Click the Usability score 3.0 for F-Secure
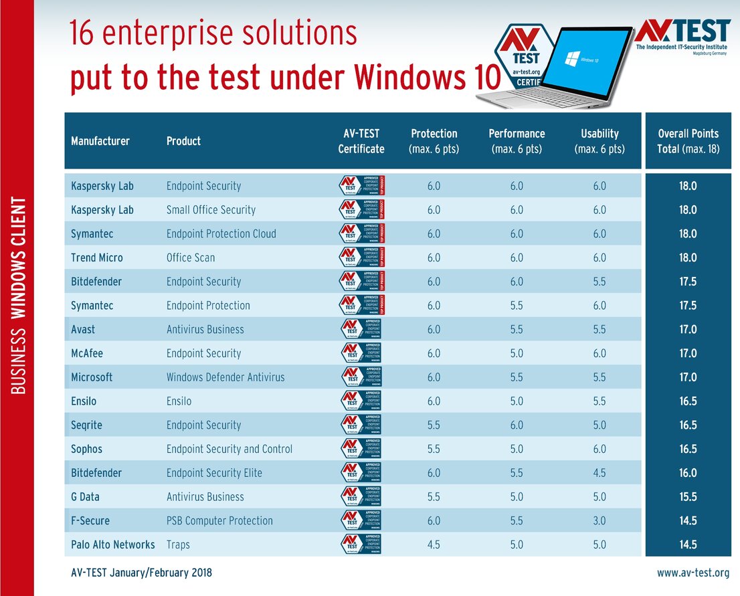(x=599, y=521)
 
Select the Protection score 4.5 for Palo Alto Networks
(x=434, y=545)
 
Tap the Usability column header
(x=599, y=141)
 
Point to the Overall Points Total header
(x=688, y=141)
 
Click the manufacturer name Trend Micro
(x=97, y=258)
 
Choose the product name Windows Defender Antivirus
(x=225, y=377)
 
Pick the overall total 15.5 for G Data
(x=688, y=497)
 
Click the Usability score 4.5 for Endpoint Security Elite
(x=599, y=473)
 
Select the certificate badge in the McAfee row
(x=361, y=353)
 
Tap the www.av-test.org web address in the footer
(x=693, y=573)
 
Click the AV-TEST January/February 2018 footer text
(x=141, y=573)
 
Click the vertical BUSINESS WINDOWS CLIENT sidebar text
(x=19, y=295)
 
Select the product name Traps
(x=178, y=545)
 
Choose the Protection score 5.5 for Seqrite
(x=434, y=425)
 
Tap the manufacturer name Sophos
(x=87, y=450)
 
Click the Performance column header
(x=517, y=141)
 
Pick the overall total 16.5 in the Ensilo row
(x=688, y=401)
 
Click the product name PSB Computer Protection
(x=219, y=521)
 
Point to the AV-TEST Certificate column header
(x=361, y=141)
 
